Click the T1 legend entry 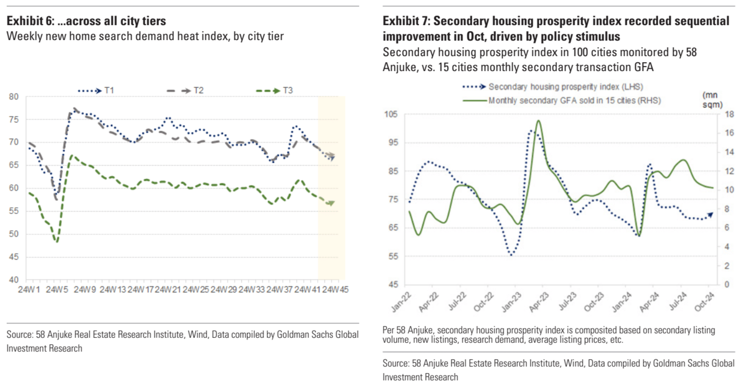pyautogui.click(x=96, y=90)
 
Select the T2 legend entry pyautogui.click(x=185, y=90)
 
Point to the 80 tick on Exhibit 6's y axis pyautogui.click(x=14, y=97)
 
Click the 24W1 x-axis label pyautogui.click(x=29, y=290)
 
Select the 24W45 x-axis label pyautogui.click(x=335, y=290)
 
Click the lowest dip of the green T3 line pyautogui.click(x=57, y=242)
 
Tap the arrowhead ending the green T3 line pyautogui.click(x=331, y=203)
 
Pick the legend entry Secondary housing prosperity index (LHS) pyautogui.click(x=553, y=87)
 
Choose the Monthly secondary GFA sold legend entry pyautogui.click(x=562, y=100)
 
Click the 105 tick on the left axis pyautogui.click(x=391, y=114)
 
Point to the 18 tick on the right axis pyautogui.click(x=729, y=114)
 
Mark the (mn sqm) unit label pyautogui.click(x=712, y=100)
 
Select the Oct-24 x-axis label pyautogui.click(x=705, y=302)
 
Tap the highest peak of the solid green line pyautogui.click(x=539, y=121)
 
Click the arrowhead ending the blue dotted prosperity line pyautogui.click(x=711, y=214)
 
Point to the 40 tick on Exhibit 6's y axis pyautogui.click(x=14, y=280)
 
